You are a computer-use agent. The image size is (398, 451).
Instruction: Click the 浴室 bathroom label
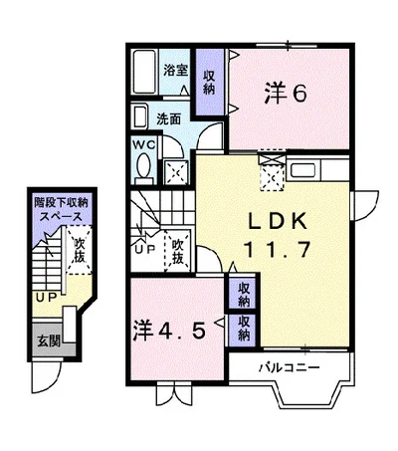(x=176, y=70)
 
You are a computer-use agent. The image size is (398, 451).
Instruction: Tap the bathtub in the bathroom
(x=144, y=72)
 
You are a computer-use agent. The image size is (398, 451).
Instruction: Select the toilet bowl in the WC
(x=144, y=165)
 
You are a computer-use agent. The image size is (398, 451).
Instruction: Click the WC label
(x=144, y=144)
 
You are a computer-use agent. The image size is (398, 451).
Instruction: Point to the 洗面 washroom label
(x=169, y=118)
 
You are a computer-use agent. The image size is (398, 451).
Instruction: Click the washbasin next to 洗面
(x=139, y=115)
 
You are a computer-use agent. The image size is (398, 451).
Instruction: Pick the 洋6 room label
(x=286, y=94)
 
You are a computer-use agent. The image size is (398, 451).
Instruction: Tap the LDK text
(x=278, y=222)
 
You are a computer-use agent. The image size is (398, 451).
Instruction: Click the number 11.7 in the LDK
(x=277, y=249)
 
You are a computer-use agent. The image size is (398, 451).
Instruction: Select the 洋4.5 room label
(x=169, y=331)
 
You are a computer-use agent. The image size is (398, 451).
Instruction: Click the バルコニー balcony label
(x=290, y=367)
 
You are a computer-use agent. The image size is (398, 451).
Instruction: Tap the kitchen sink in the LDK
(x=303, y=170)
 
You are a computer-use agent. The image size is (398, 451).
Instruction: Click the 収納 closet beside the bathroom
(x=209, y=83)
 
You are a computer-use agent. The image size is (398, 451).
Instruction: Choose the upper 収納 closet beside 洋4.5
(x=244, y=293)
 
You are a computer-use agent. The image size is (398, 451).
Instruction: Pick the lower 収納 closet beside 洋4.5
(x=244, y=329)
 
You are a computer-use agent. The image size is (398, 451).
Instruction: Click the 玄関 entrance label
(x=49, y=340)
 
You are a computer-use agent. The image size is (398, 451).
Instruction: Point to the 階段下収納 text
(x=62, y=202)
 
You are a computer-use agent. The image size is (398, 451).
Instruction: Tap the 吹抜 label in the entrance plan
(x=79, y=250)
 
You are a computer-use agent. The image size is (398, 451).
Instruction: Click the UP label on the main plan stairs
(x=145, y=249)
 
